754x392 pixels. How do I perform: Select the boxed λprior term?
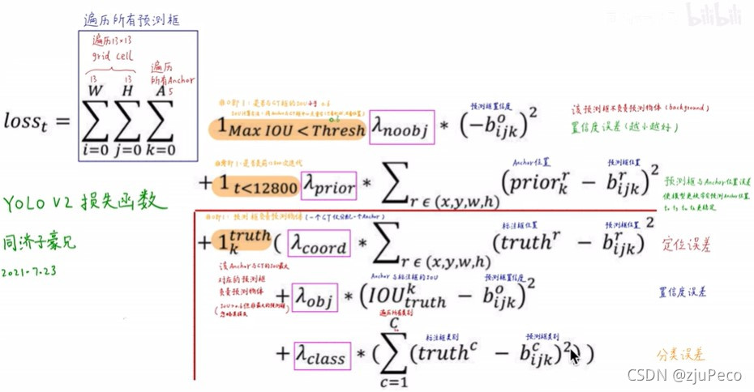tap(329, 186)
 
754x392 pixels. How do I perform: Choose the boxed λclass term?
tap(321, 355)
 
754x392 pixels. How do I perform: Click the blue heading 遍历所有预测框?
tap(131, 18)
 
